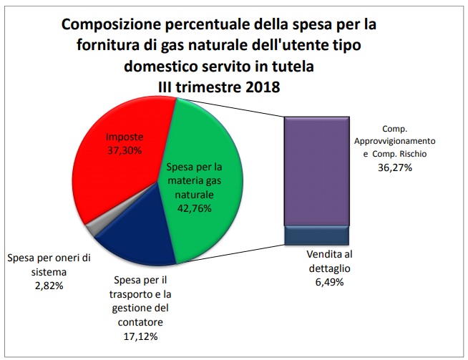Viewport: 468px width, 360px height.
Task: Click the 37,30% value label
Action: (x=124, y=150)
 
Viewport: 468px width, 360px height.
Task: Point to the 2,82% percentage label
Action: (x=47, y=286)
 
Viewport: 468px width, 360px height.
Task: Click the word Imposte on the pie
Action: (x=124, y=137)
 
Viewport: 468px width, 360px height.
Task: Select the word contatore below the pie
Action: (x=140, y=322)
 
